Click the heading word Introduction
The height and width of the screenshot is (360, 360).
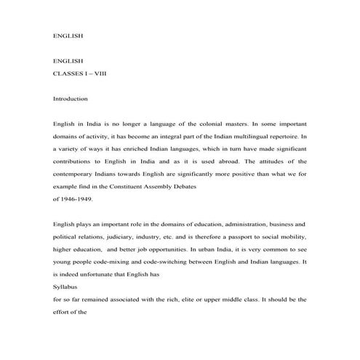pyautogui.click(x=71, y=98)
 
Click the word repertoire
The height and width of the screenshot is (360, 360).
pyautogui.click(x=282, y=135)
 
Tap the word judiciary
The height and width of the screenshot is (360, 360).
pyautogui.click(x=128, y=236)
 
